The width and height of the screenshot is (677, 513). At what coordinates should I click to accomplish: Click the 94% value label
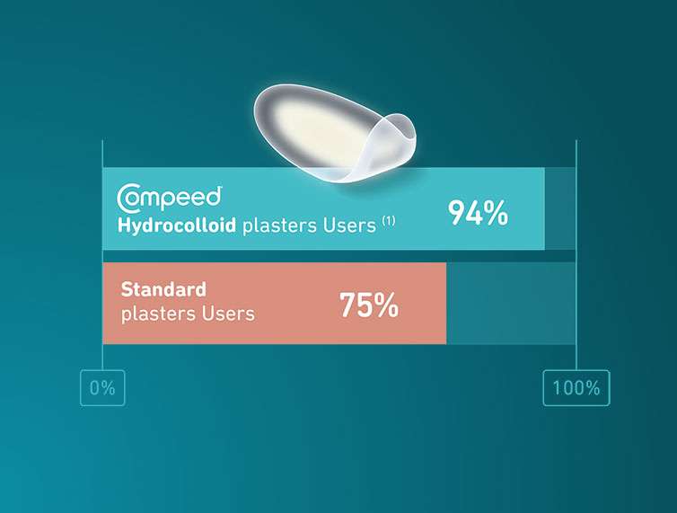point(478,213)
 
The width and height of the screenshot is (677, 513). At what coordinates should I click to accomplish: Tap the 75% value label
point(369,305)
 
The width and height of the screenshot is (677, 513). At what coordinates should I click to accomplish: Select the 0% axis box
point(102,387)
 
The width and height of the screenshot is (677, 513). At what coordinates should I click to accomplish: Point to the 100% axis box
point(576,387)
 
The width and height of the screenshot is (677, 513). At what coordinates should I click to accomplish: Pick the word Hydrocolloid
point(177,226)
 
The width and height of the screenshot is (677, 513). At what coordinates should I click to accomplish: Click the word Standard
point(163,289)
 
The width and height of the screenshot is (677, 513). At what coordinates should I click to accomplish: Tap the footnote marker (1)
point(389,221)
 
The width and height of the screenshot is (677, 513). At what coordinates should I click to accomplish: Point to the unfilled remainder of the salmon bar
point(511,303)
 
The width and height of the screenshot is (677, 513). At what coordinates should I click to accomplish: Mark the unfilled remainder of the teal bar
point(560,208)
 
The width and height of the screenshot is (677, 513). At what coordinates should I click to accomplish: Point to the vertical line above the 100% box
point(576,255)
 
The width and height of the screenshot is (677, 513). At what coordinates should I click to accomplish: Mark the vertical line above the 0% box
point(102,255)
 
